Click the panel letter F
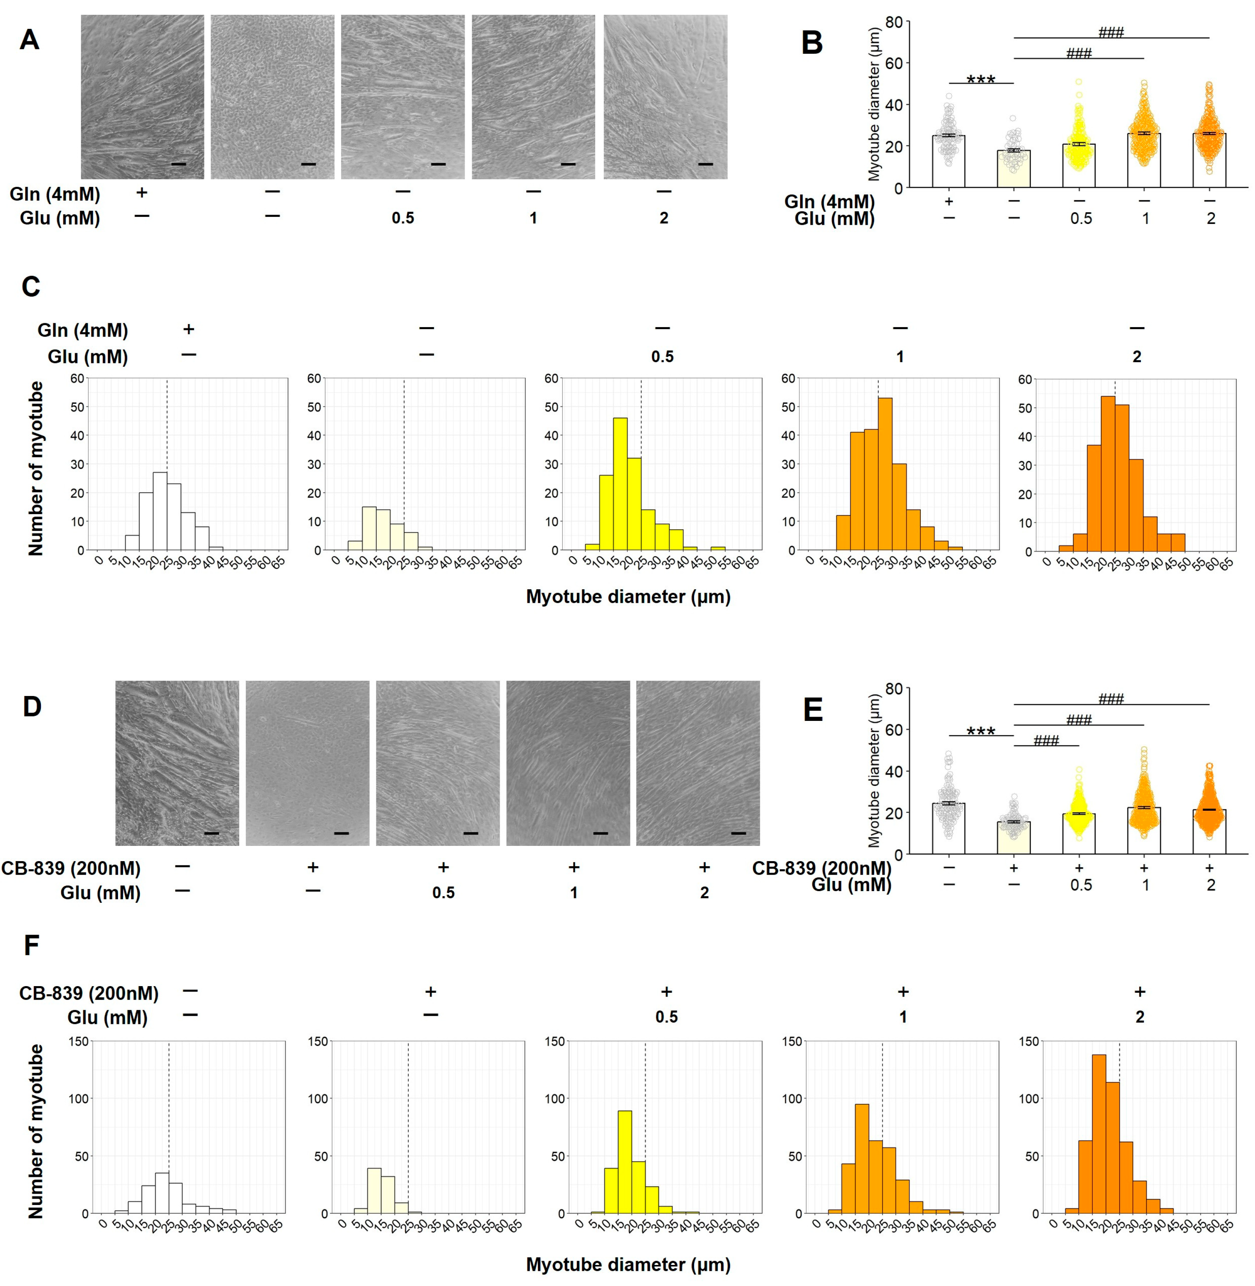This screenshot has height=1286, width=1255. [x=31, y=945]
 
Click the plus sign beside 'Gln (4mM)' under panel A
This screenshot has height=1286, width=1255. [x=141, y=192]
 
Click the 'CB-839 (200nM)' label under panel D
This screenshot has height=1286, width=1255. [x=71, y=868]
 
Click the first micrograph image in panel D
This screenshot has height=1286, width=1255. [x=177, y=763]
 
